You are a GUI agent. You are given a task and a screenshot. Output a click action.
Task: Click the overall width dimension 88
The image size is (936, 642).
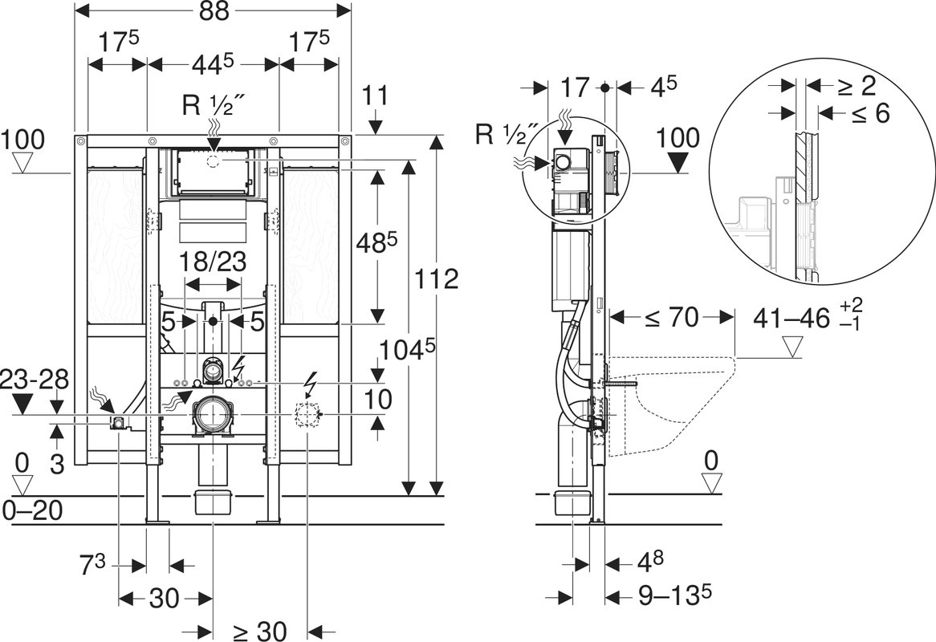[x=213, y=11]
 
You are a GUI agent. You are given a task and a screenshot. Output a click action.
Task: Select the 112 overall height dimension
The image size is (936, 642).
[x=437, y=278]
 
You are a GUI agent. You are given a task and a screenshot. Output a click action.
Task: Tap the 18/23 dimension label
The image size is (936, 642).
[x=213, y=262]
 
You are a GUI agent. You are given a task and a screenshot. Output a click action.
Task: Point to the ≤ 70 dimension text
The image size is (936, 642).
[x=672, y=318]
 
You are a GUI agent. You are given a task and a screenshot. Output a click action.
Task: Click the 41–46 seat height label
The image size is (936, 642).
[x=792, y=318]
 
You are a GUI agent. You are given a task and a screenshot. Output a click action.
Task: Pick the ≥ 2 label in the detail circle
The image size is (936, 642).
[x=856, y=87]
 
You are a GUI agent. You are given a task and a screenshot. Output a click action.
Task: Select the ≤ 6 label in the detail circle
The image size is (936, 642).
[x=869, y=112]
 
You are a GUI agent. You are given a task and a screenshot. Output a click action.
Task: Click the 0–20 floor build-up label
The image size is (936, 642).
[x=33, y=510]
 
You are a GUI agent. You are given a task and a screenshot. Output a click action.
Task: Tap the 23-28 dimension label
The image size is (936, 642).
[x=35, y=380]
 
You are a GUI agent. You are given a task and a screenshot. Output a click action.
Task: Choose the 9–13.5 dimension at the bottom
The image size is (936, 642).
[x=674, y=595]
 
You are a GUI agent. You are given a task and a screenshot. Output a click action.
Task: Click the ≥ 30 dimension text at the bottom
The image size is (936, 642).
[x=259, y=630]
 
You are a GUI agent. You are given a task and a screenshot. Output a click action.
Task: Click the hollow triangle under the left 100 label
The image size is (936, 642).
[x=22, y=163]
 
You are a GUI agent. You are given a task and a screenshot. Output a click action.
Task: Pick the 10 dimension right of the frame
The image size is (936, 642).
[x=378, y=400]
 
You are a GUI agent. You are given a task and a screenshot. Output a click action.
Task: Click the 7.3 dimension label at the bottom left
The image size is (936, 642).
[x=92, y=564]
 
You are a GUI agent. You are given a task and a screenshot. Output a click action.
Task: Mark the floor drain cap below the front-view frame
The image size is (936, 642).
[x=213, y=502]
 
